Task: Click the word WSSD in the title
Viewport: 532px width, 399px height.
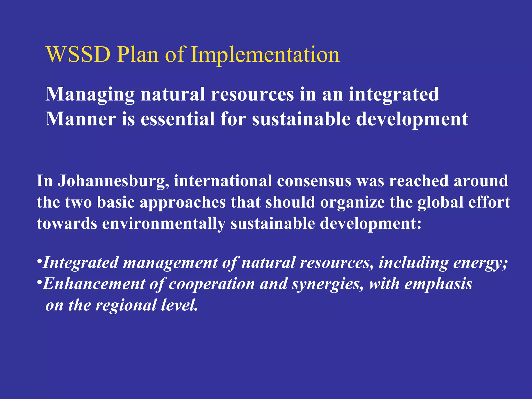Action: click(x=78, y=55)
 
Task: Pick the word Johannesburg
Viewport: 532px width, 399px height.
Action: click(x=113, y=181)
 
